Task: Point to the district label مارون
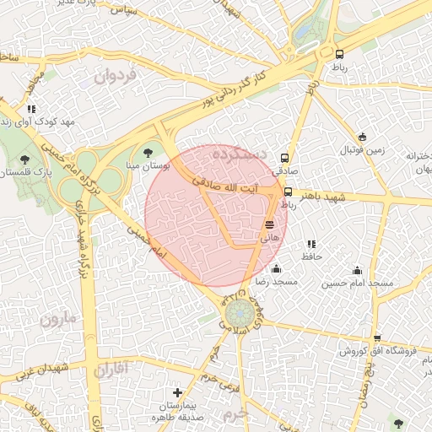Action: click(x=57, y=320)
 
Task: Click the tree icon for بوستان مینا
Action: click(x=148, y=153)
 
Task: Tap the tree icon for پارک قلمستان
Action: click(x=24, y=158)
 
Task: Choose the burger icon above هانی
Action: click(x=269, y=224)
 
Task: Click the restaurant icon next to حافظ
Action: click(x=311, y=245)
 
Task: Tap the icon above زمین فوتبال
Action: click(x=362, y=138)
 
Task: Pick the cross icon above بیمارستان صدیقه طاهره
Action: click(x=177, y=392)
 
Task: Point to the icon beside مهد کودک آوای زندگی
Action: click(x=31, y=110)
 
